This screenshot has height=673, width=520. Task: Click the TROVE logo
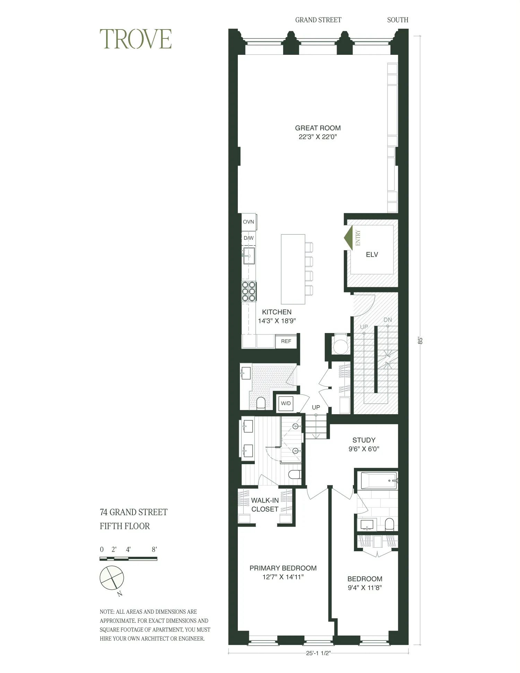point(136,39)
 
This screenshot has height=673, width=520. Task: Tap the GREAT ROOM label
point(318,128)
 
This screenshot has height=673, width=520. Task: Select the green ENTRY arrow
point(349,238)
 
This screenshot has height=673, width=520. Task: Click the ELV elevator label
point(372,255)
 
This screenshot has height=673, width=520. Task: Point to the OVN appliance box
point(249,222)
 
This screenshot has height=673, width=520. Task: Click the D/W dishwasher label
point(249,238)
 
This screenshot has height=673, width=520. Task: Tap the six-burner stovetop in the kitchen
point(249,291)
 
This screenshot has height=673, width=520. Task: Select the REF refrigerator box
point(286,341)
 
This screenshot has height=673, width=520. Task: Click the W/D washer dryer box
point(286,403)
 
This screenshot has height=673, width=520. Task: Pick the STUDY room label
point(364,440)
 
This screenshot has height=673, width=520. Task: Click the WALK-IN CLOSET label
point(265,505)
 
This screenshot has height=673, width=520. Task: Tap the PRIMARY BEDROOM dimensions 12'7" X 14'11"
point(283,577)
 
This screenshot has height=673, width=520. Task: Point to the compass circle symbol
point(112,578)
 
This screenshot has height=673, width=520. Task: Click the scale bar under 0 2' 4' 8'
point(128,559)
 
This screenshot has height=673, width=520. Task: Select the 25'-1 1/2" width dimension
point(318,653)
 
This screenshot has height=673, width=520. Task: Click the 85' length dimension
point(420,340)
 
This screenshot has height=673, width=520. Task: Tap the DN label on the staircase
point(388,320)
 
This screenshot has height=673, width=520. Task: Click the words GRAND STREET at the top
point(318,20)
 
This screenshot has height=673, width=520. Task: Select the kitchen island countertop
point(293,269)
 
